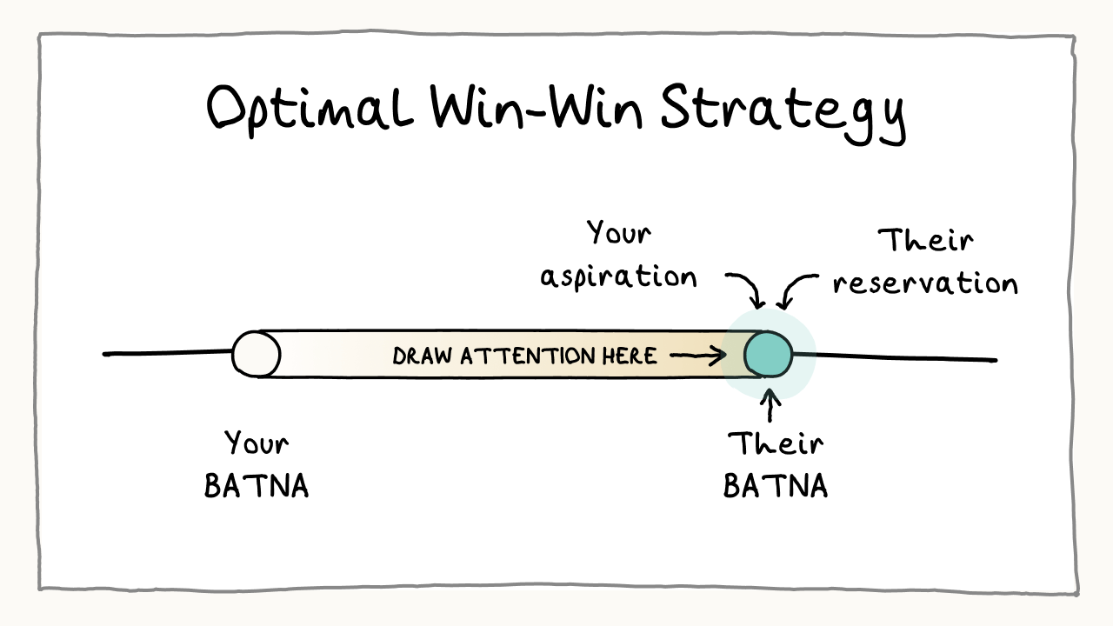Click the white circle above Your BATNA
pos(257,355)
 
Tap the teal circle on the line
pos(769,355)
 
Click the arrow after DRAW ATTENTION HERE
pos(699,355)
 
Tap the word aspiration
pos(618,276)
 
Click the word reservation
pos(925,283)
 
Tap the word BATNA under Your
pos(257,485)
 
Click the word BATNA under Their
pos(775,485)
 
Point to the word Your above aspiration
pos(618,233)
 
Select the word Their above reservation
pos(925,239)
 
